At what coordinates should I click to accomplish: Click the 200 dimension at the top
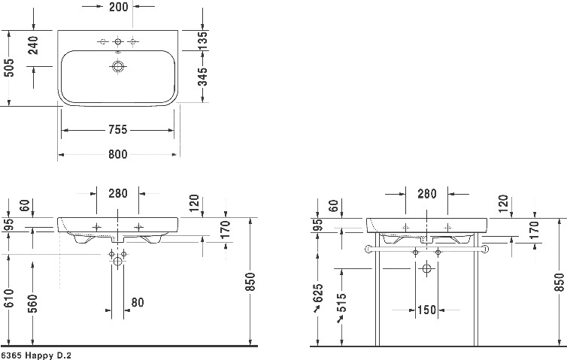pos(118,7)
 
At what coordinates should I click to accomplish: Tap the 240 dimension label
pos(33,45)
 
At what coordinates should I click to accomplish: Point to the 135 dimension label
pos(204,41)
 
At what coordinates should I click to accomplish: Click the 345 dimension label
pos(204,77)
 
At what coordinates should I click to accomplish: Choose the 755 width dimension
pos(118,129)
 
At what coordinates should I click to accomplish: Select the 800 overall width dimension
pos(118,154)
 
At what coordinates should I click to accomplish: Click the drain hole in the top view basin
pos(118,66)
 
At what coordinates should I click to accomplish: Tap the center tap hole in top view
pos(118,42)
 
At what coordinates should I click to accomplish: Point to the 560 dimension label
pos(32,304)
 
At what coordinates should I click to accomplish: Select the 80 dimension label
pos(138,302)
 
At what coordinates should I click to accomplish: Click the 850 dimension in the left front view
pos(250,282)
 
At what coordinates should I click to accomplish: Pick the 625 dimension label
pos(317,294)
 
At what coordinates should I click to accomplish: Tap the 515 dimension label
pos(341,302)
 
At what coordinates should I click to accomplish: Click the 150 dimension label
pos(427,310)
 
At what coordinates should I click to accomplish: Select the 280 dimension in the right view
pos(427,194)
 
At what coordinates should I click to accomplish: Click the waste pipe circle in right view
pos(427,268)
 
